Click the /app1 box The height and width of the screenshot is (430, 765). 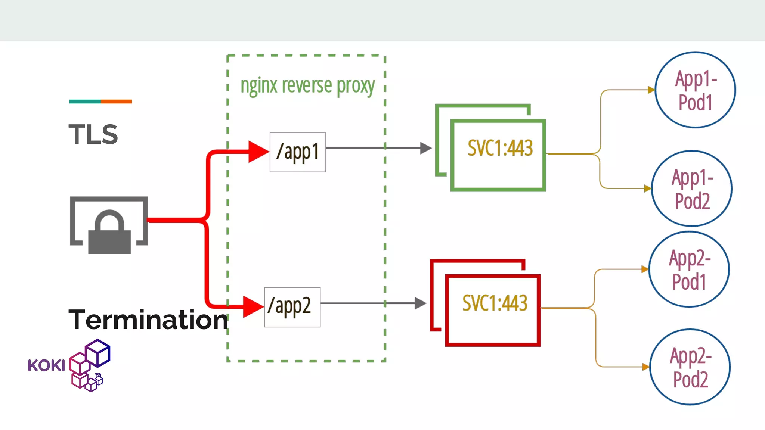[x=298, y=152]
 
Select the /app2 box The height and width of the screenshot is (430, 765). [x=292, y=307]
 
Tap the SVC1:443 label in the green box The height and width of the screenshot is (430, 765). [x=500, y=148]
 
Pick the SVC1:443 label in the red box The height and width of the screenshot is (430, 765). [x=495, y=303]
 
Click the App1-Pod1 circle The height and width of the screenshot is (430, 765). [x=695, y=90]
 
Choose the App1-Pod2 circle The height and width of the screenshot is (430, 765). [x=692, y=188]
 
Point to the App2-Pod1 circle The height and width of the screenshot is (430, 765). [x=689, y=269]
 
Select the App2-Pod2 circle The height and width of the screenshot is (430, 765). [x=690, y=367]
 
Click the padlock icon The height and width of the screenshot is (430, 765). [x=109, y=233]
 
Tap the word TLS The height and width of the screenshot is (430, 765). [x=93, y=134]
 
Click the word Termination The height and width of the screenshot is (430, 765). [x=148, y=320]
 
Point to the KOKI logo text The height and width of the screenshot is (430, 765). [x=46, y=365]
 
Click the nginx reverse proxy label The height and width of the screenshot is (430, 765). [x=307, y=86]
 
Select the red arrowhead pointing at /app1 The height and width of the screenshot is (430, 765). [x=258, y=152]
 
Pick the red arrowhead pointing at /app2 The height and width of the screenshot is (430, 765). [x=253, y=307]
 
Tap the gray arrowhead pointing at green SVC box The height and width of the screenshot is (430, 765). [x=425, y=148]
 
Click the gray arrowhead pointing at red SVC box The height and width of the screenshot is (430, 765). [x=420, y=303]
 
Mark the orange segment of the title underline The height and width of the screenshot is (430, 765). [x=116, y=102]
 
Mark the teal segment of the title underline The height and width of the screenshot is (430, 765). [x=85, y=102]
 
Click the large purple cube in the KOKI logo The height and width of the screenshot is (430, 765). [x=98, y=352]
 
